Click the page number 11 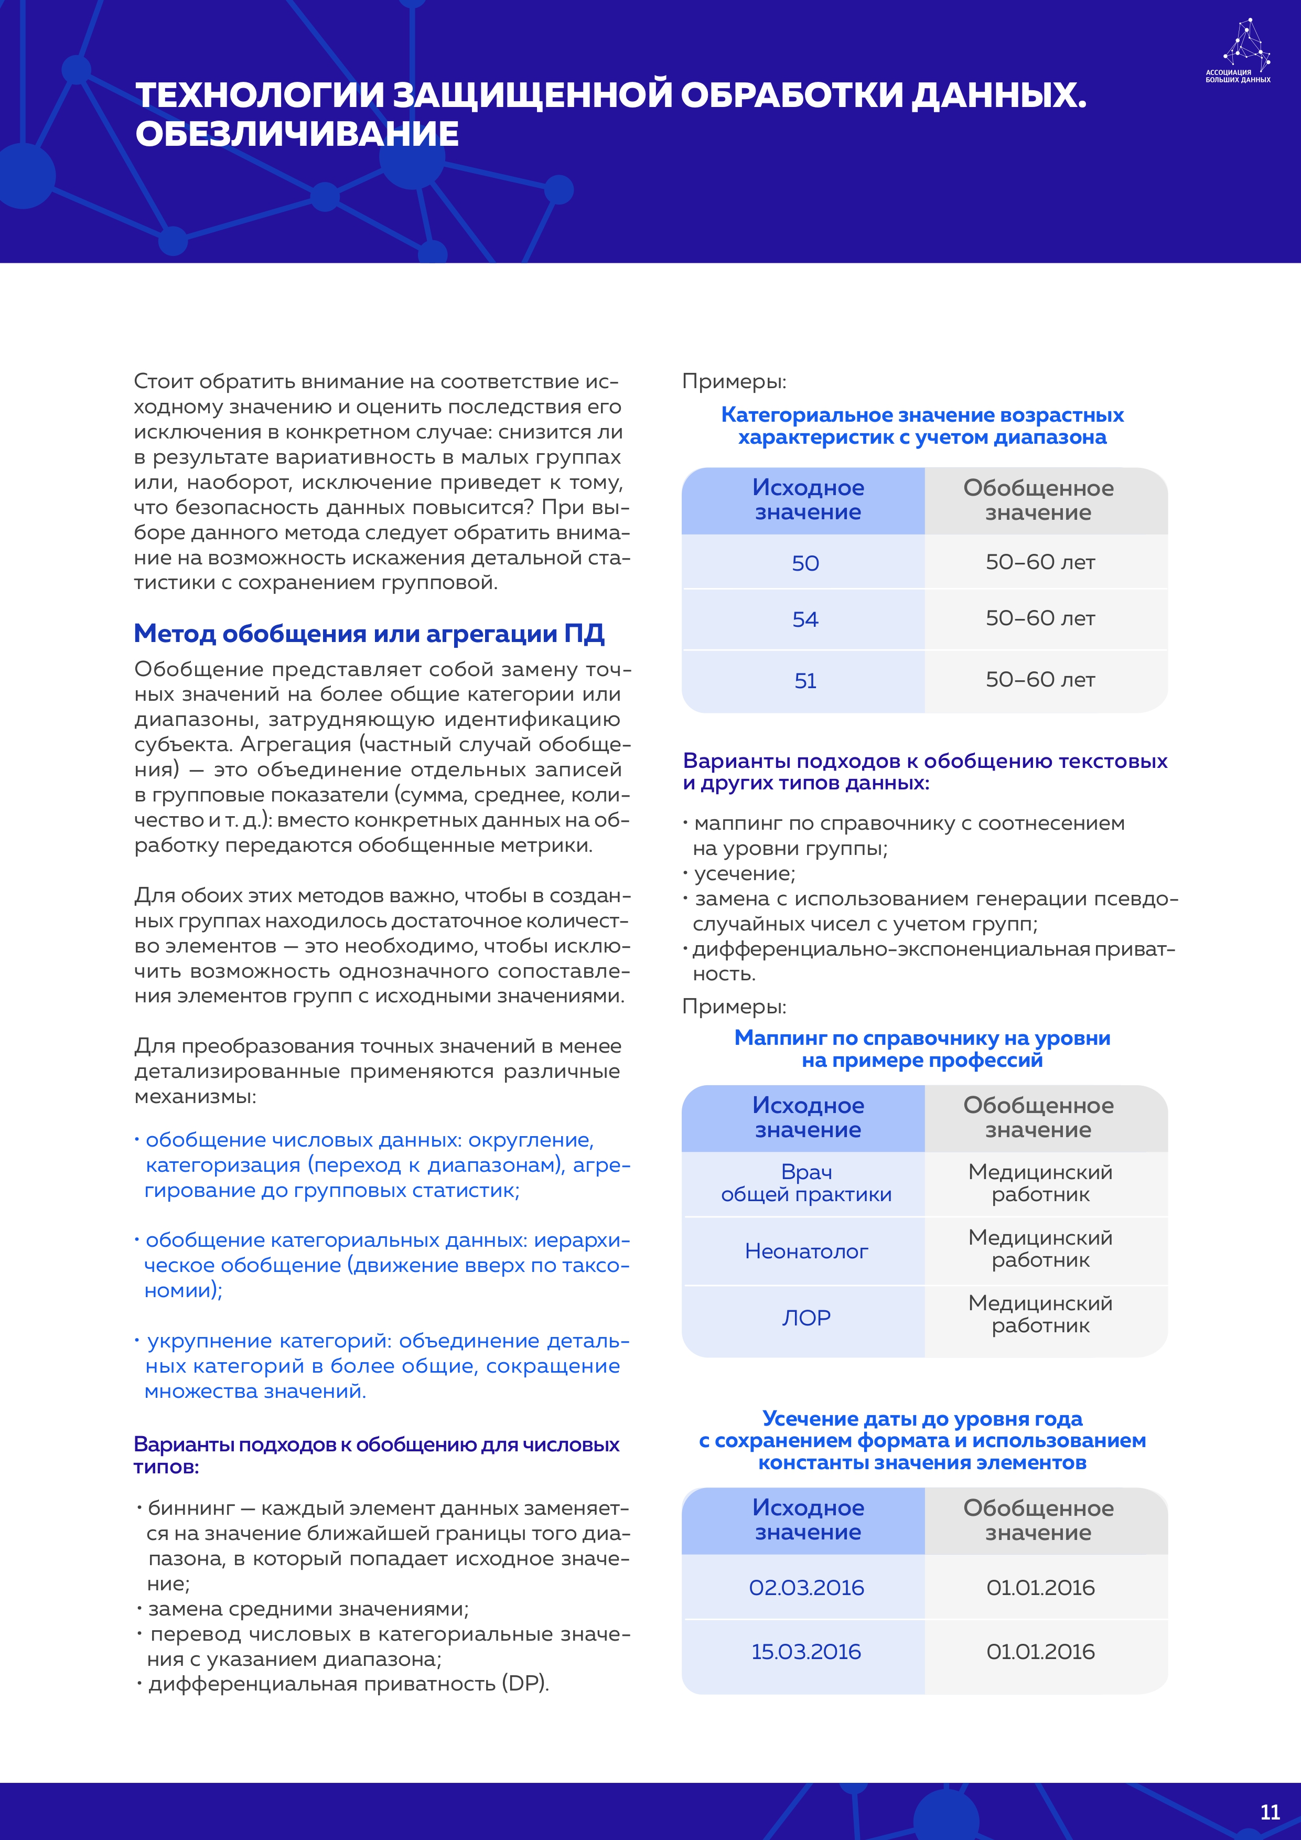(1270, 1812)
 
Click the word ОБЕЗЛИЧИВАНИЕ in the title (297, 134)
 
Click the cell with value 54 (805, 619)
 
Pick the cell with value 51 (805, 680)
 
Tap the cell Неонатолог (806, 1251)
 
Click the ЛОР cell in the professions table (806, 1318)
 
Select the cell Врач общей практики (806, 1183)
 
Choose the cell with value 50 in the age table (805, 563)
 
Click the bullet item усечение (744, 873)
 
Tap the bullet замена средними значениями (308, 1608)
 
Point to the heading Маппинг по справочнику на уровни (922, 1038)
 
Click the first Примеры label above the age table (734, 381)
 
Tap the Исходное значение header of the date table (808, 1520)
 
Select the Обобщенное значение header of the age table (1038, 500)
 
